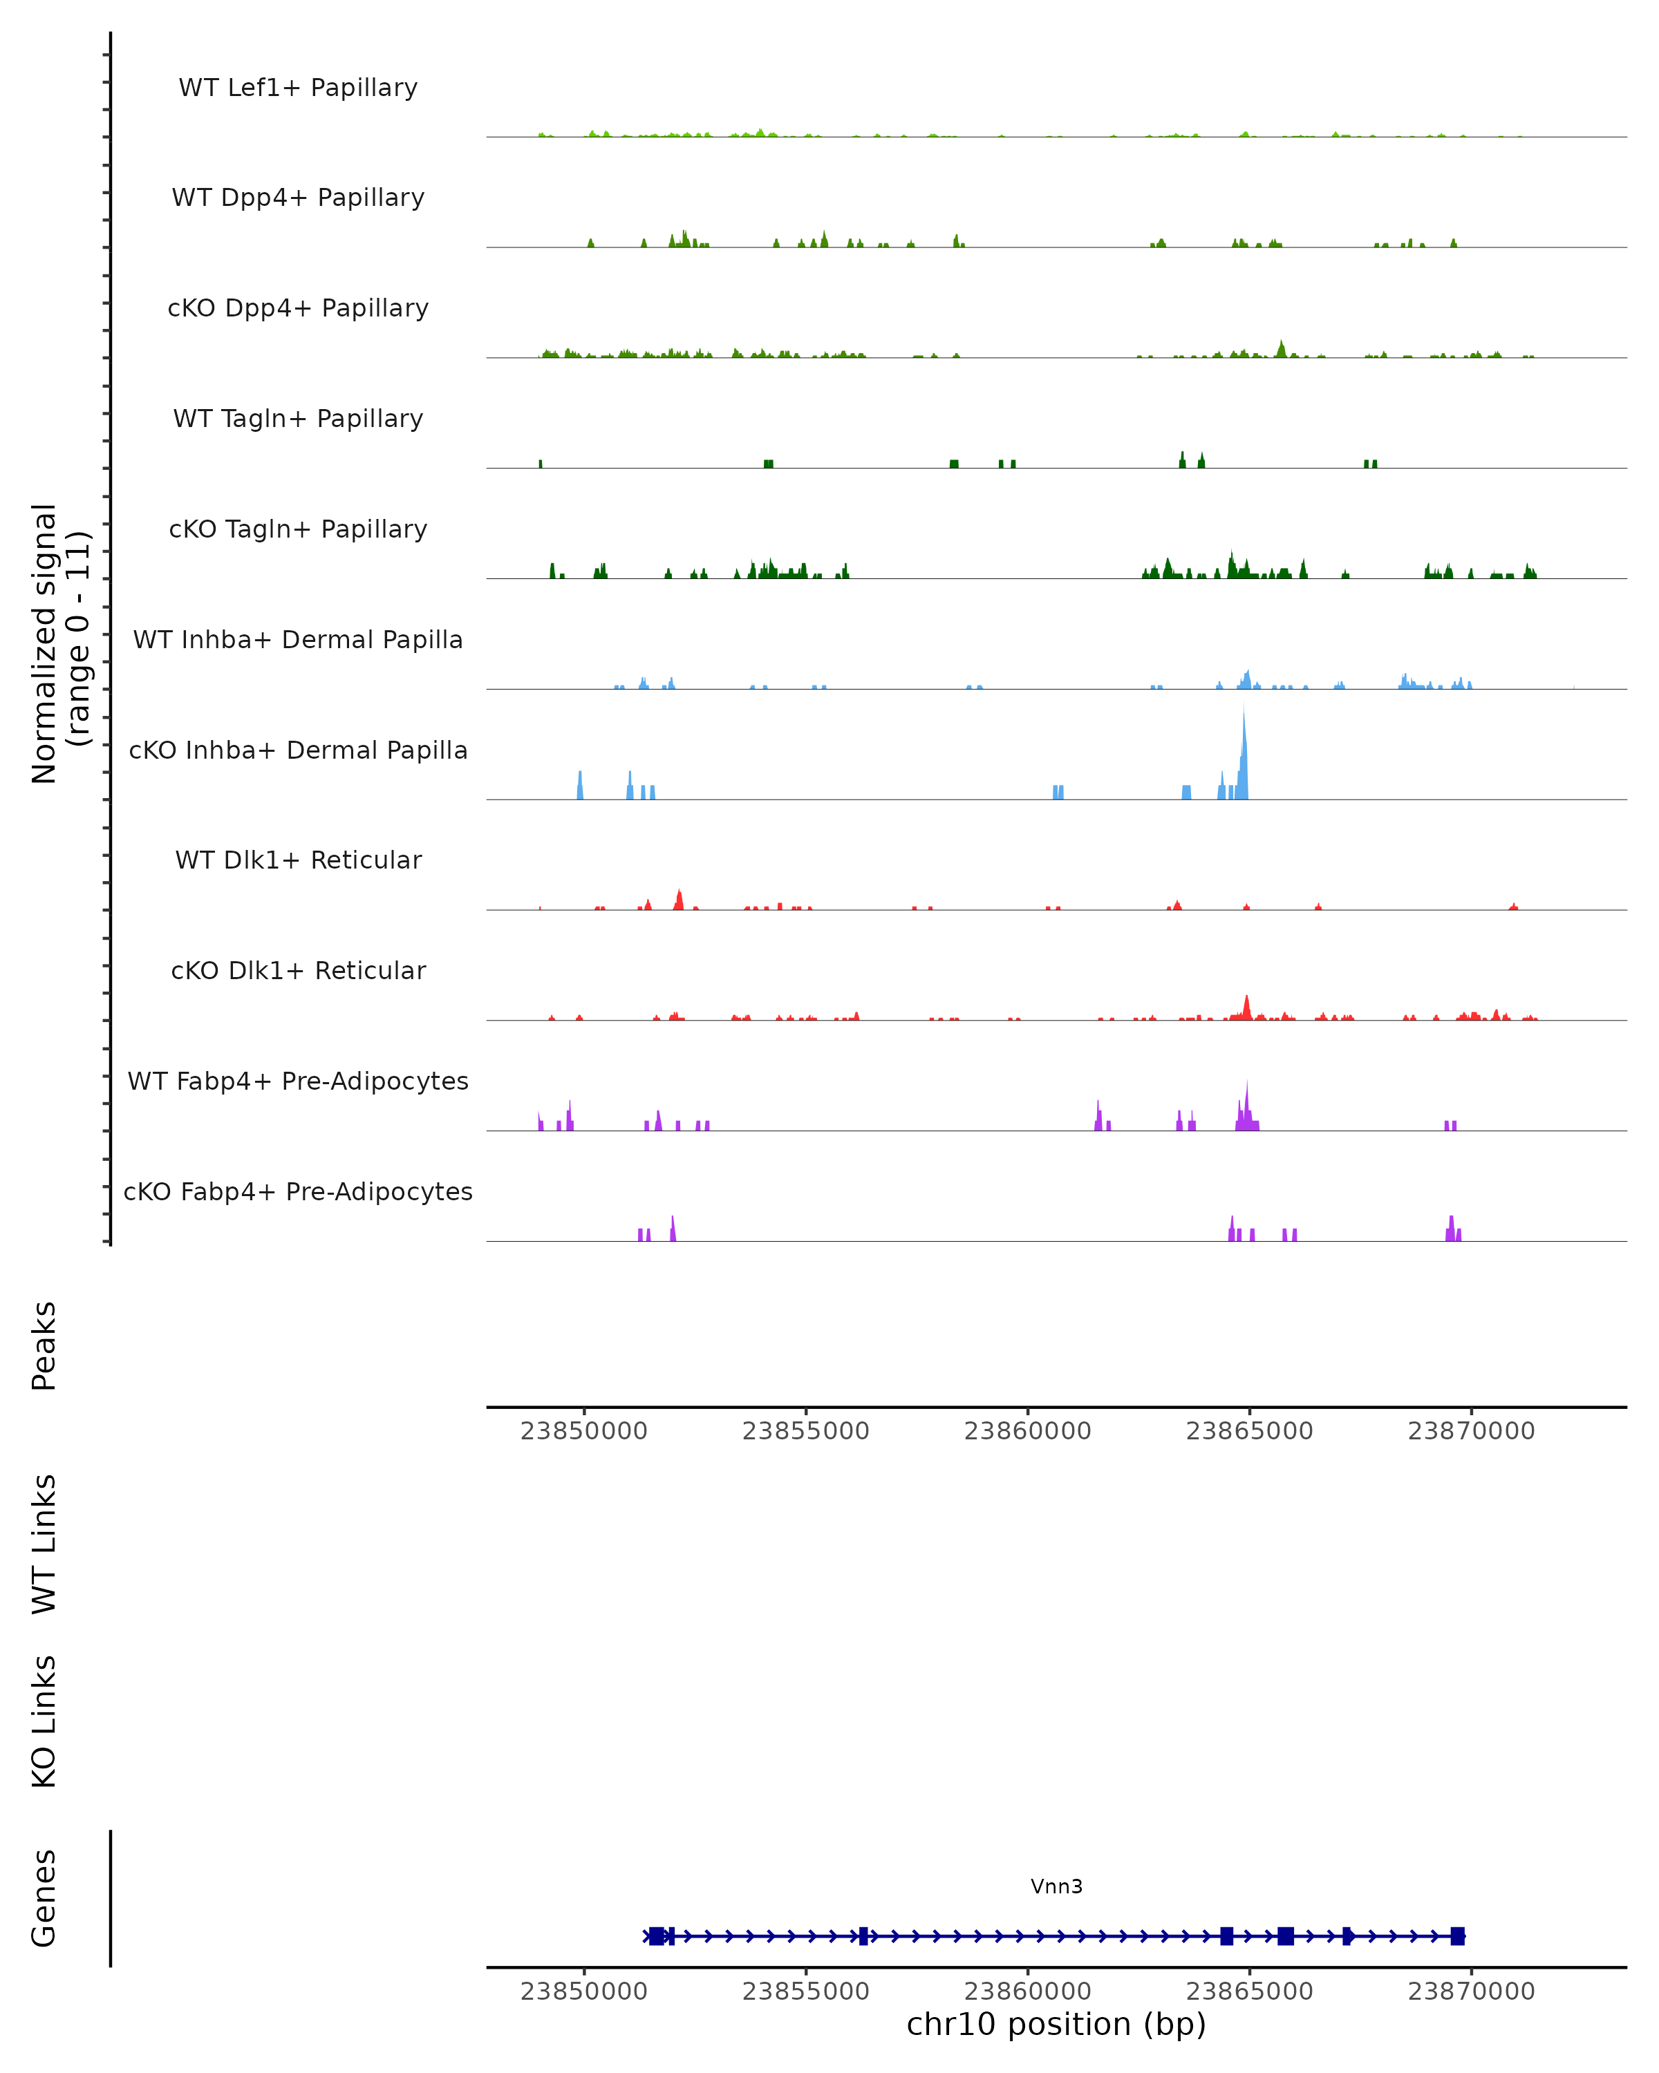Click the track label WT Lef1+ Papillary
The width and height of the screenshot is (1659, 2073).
pyautogui.click(x=298, y=88)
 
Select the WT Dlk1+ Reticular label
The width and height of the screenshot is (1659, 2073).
pyautogui.click(x=298, y=860)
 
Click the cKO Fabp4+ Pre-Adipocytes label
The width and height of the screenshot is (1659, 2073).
pyautogui.click(x=298, y=1191)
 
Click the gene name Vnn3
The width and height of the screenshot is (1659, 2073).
pyautogui.click(x=1056, y=1886)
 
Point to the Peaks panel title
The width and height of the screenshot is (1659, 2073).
pyautogui.click(x=44, y=1345)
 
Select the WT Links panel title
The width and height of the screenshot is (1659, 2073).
pyautogui.click(x=44, y=1543)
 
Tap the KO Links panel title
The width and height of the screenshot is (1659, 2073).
pyautogui.click(x=44, y=1722)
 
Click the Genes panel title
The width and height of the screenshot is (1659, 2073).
pyautogui.click(x=44, y=1898)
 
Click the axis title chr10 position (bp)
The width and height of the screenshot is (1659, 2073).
pyautogui.click(x=1056, y=2025)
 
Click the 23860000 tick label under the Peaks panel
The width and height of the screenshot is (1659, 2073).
pyautogui.click(x=1027, y=1431)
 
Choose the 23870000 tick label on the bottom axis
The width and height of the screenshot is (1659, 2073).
pyautogui.click(x=1470, y=1991)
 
